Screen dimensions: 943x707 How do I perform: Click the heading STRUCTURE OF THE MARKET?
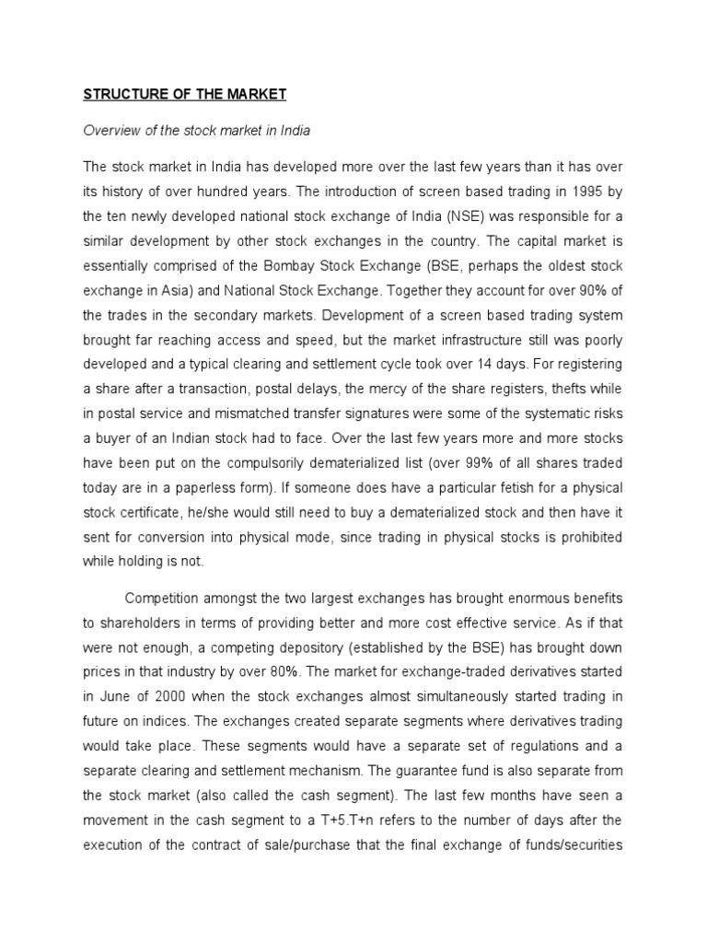[185, 94]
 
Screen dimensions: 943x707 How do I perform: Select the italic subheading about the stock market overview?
[197, 130]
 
